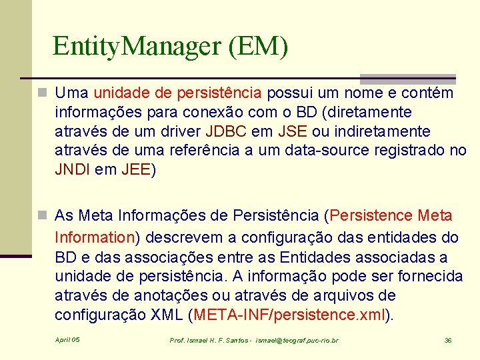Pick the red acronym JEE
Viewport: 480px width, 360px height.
tap(137, 170)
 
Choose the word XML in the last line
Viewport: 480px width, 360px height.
tap(172, 315)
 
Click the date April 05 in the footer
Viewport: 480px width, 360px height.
tap(67, 340)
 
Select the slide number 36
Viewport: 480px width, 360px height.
tap(448, 341)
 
